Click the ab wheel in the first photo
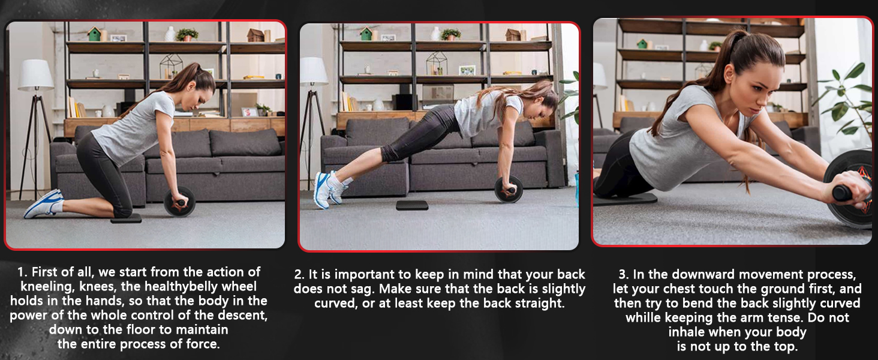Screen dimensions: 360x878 tap(179, 202)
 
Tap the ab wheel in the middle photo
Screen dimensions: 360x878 tap(509, 190)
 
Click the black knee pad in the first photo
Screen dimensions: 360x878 tap(126, 218)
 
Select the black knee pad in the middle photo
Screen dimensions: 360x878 tap(412, 205)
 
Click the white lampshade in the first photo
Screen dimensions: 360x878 tap(36, 75)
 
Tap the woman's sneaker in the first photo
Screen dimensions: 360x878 tap(43, 204)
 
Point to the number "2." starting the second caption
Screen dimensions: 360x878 tap(300, 275)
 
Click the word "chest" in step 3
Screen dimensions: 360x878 tap(682, 289)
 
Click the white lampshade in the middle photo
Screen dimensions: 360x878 tap(314, 71)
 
